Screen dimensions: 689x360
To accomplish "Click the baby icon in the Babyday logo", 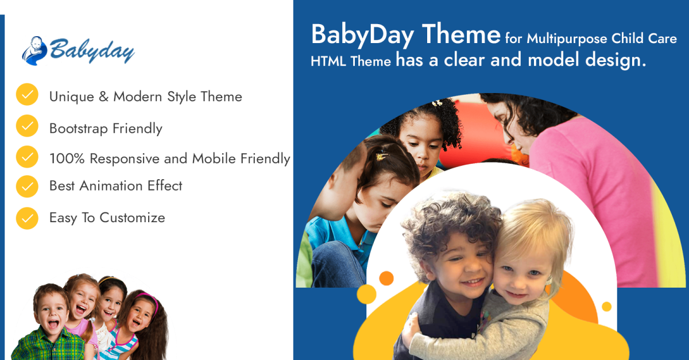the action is pyautogui.click(x=34, y=51).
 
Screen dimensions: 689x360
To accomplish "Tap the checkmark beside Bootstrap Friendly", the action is pyautogui.click(x=27, y=126).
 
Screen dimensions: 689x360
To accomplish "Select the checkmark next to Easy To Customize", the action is pyautogui.click(x=27, y=218).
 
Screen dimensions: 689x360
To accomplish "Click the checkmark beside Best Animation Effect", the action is pyautogui.click(x=27, y=186).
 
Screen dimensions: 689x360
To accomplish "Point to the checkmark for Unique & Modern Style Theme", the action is pyautogui.click(x=27, y=95).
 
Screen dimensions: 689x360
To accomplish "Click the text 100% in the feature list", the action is pyautogui.click(x=67, y=159).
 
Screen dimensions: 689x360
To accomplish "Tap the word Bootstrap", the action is pyautogui.click(x=79, y=129).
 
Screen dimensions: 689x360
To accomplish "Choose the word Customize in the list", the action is pyautogui.click(x=132, y=218).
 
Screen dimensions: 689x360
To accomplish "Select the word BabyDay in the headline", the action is pyautogui.click(x=363, y=35).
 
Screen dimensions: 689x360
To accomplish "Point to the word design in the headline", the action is pyautogui.click(x=615, y=60).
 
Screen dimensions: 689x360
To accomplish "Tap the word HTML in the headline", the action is pyautogui.click(x=328, y=61).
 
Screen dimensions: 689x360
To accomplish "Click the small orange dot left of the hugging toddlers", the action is pyautogui.click(x=386, y=278).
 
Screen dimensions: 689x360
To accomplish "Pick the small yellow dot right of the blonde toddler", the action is pyautogui.click(x=606, y=307).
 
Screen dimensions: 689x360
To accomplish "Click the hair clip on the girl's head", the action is pyautogui.click(x=382, y=156).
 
